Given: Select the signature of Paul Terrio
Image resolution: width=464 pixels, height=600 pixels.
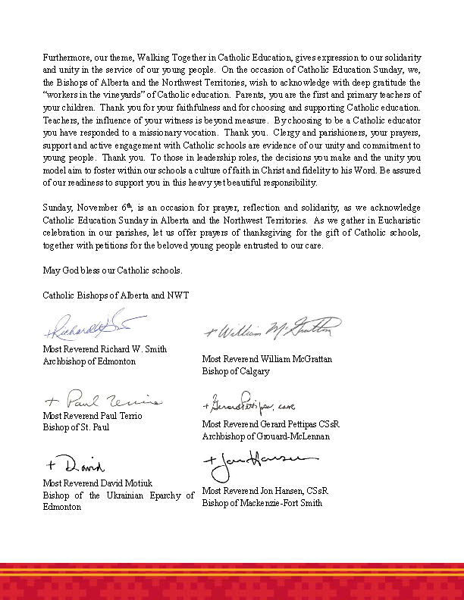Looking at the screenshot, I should click(100, 400).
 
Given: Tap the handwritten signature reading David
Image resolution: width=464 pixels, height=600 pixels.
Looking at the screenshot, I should click(75, 464).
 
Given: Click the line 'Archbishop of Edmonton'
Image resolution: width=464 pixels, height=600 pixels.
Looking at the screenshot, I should click(89, 361).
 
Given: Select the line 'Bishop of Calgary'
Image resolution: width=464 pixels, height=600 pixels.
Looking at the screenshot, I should click(235, 371).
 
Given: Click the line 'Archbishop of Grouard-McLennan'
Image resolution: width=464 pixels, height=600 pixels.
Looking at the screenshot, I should click(265, 436).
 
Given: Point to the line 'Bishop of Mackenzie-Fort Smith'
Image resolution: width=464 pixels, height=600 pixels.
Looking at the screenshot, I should click(262, 502).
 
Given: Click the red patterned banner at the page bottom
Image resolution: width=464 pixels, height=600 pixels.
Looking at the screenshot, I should click(232, 582).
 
